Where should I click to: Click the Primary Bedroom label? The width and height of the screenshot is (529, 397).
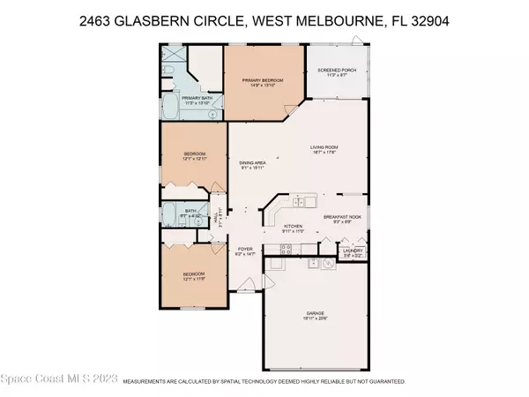262,79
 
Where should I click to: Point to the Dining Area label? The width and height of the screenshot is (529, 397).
252,163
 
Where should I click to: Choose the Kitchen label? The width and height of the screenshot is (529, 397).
293,226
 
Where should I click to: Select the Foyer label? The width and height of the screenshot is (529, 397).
246,251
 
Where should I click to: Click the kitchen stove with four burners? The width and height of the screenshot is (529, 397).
277,262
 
